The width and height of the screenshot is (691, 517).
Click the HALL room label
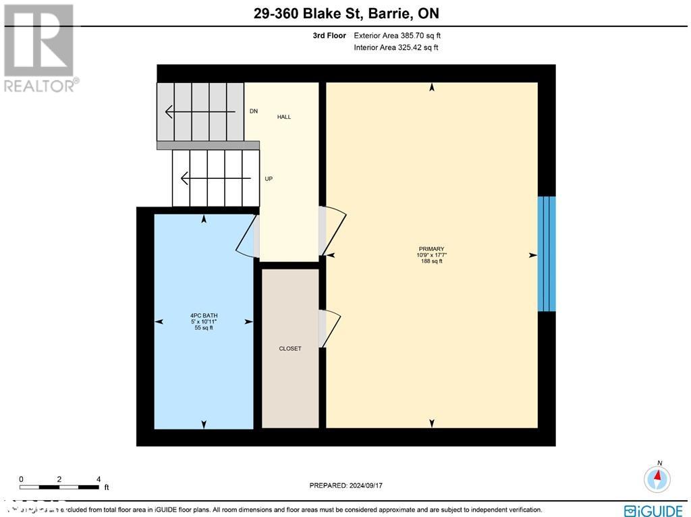click(284, 117)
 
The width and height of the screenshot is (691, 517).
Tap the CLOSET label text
click(290, 348)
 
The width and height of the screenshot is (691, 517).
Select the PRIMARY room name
click(431, 249)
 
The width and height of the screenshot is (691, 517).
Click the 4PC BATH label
click(204, 315)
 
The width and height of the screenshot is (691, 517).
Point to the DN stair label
click(254, 111)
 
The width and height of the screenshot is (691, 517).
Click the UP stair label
click(269, 179)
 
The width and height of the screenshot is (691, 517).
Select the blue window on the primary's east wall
click(547, 254)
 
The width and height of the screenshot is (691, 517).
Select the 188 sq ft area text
click(431, 261)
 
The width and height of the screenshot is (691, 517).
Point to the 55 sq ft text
click(204, 328)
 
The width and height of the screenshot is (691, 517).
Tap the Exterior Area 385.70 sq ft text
click(397, 35)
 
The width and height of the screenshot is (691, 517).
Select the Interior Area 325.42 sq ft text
click(395, 47)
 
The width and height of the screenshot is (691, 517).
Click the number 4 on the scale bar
click(99, 479)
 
